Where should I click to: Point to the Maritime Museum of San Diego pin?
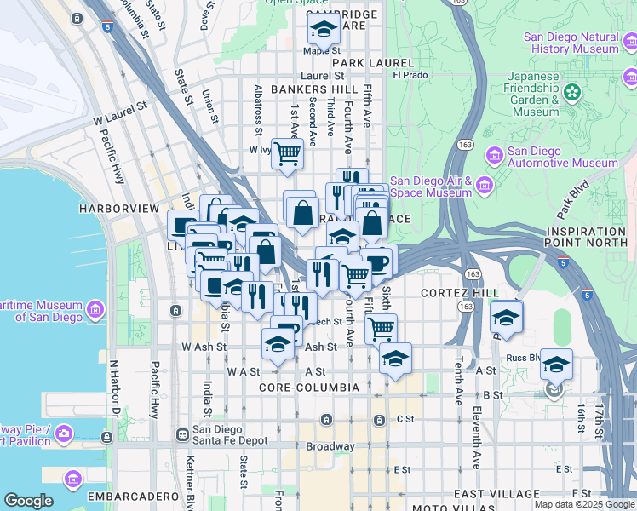coord(95,307)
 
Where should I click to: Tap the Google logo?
coord(28,501)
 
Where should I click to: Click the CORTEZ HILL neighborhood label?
coord(460,293)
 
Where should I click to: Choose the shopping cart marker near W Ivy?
coord(288,153)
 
